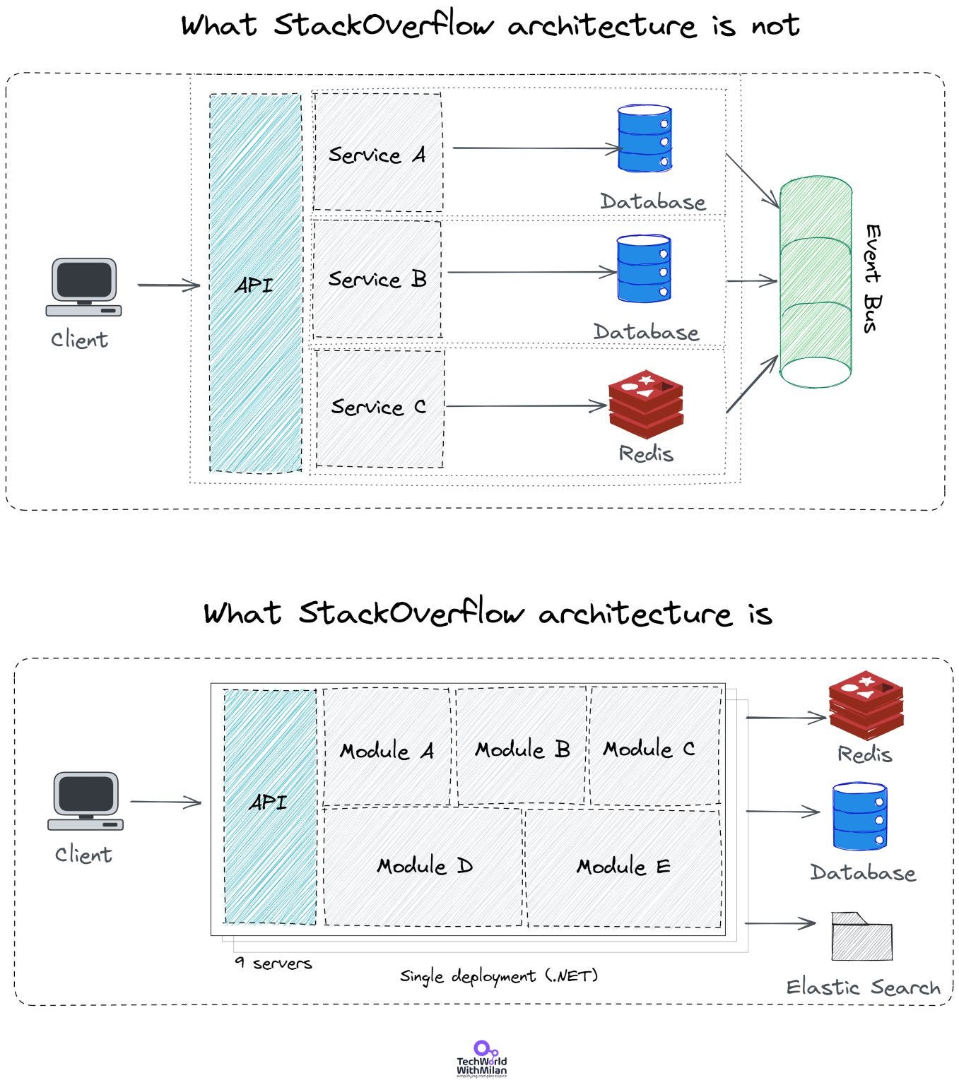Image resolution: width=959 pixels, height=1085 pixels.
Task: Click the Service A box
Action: [378, 152]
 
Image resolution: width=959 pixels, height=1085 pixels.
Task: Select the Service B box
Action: [377, 279]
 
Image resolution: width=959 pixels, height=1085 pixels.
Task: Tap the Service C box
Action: [380, 408]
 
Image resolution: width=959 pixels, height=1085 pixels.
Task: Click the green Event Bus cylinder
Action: [816, 282]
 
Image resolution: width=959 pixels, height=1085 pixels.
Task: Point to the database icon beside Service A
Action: [645, 138]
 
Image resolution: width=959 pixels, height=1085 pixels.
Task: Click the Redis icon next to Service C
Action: [646, 405]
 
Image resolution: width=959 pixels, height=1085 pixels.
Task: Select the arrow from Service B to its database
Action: [532, 273]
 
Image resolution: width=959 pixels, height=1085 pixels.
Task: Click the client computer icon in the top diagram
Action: [83, 287]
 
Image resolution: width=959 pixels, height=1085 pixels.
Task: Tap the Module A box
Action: [387, 747]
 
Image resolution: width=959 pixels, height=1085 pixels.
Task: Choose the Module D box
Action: [423, 866]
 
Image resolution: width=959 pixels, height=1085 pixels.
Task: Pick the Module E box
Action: [623, 867]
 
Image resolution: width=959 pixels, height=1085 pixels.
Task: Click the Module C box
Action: [655, 745]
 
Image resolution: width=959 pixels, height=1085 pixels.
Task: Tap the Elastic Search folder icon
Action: [862, 937]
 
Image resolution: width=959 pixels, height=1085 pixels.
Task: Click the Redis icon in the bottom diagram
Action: [866, 705]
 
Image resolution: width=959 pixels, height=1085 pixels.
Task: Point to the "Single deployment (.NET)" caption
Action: [499, 976]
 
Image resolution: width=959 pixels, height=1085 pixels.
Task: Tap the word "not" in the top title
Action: [775, 25]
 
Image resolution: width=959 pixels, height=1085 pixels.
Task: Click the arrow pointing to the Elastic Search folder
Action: [780, 923]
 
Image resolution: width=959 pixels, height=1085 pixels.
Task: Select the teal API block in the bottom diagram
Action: [270, 807]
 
